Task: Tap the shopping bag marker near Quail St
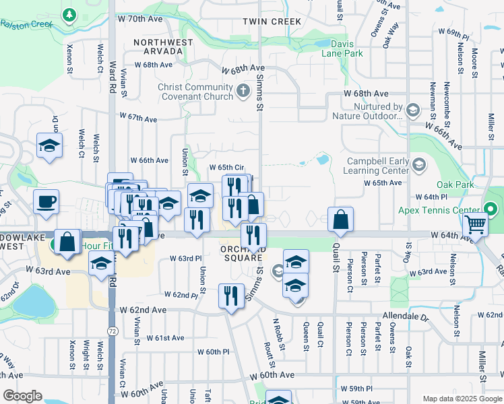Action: pyautogui.click(x=340, y=219)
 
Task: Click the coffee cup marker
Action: pyautogui.click(x=46, y=201)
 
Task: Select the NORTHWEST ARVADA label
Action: pyautogui.click(x=158, y=46)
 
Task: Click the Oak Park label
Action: pyautogui.click(x=451, y=184)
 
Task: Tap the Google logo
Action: pyautogui.click(x=22, y=396)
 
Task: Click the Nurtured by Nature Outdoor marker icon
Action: pyautogui.click(x=413, y=108)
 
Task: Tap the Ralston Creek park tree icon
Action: pyautogui.click(x=69, y=14)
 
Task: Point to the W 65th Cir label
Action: pyautogui.click(x=226, y=167)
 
